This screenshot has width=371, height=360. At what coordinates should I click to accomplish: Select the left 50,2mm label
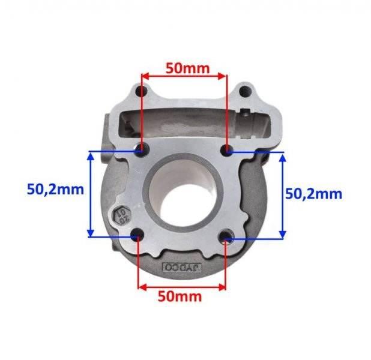[x=55, y=190]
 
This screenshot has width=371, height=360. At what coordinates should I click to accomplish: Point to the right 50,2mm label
[x=313, y=193]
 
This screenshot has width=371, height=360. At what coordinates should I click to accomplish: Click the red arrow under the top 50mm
[x=183, y=76]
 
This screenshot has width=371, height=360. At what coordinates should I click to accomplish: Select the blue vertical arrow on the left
[x=91, y=194]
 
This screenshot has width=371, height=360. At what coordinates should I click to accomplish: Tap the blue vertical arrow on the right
[x=283, y=194]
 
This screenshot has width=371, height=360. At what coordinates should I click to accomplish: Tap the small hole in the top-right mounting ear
[x=244, y=92]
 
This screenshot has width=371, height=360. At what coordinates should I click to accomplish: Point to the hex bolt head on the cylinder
[x=119, y=215]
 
